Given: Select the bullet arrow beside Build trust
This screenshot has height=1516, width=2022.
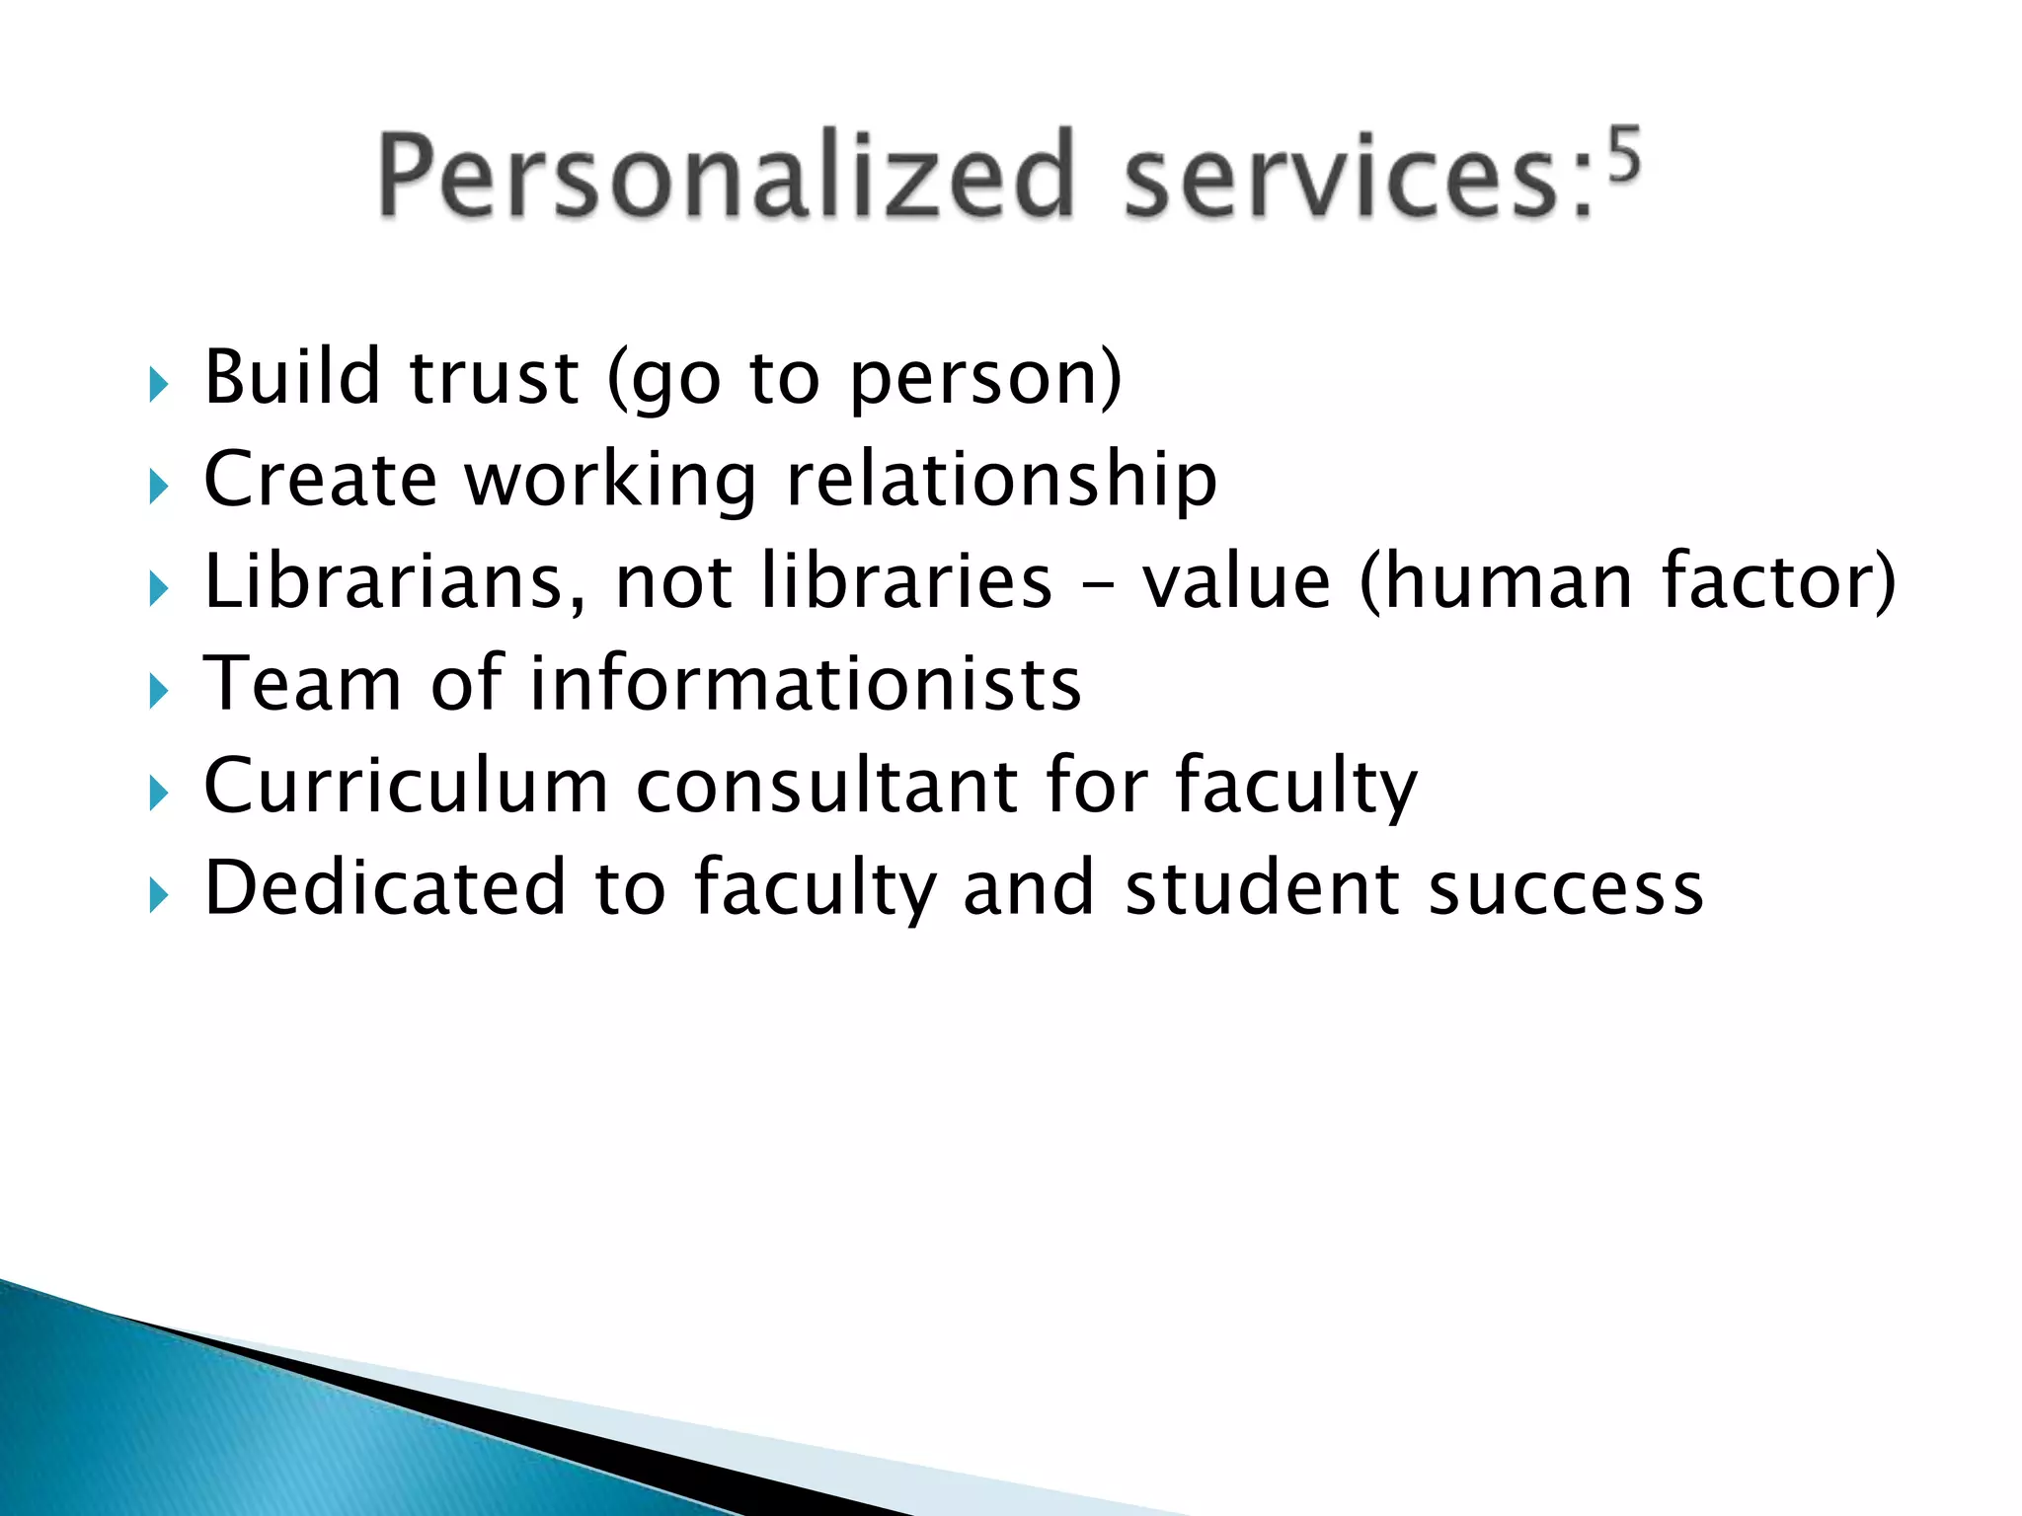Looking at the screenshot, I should (x=158, y=384).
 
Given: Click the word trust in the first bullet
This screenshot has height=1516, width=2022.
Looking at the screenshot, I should (x=494, y=378).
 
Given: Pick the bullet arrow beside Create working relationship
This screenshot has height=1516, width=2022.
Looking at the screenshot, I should (x=158, y=487).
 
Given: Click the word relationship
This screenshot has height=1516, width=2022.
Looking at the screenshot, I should (x=1001, y=481).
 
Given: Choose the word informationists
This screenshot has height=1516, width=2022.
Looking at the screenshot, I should (x=806, y=684).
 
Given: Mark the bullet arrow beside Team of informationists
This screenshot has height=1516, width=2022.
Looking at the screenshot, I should (x=158, y=692).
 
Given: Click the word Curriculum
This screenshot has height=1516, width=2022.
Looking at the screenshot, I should (x=406, y=787).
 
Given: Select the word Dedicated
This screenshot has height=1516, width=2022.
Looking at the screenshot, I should (x=385, y=888).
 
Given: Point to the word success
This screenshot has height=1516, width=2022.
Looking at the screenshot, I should (x=1566, y=890).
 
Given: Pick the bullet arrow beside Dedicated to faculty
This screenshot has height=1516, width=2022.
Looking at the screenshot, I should (x=158, y=896).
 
